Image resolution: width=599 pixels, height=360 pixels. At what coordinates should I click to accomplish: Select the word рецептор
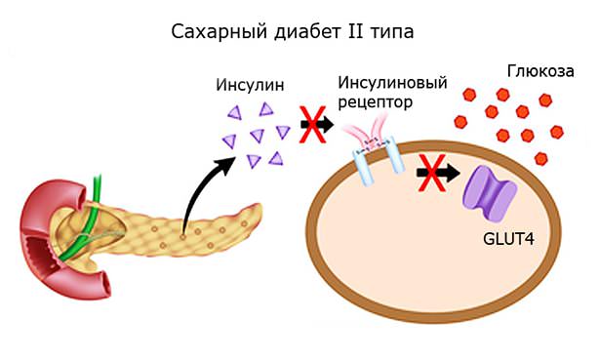pos(375,101)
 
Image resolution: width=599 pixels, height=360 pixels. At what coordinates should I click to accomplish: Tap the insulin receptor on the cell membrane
pos(379,155)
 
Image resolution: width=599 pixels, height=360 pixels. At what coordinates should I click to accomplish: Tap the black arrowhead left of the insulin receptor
pos(327,126)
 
